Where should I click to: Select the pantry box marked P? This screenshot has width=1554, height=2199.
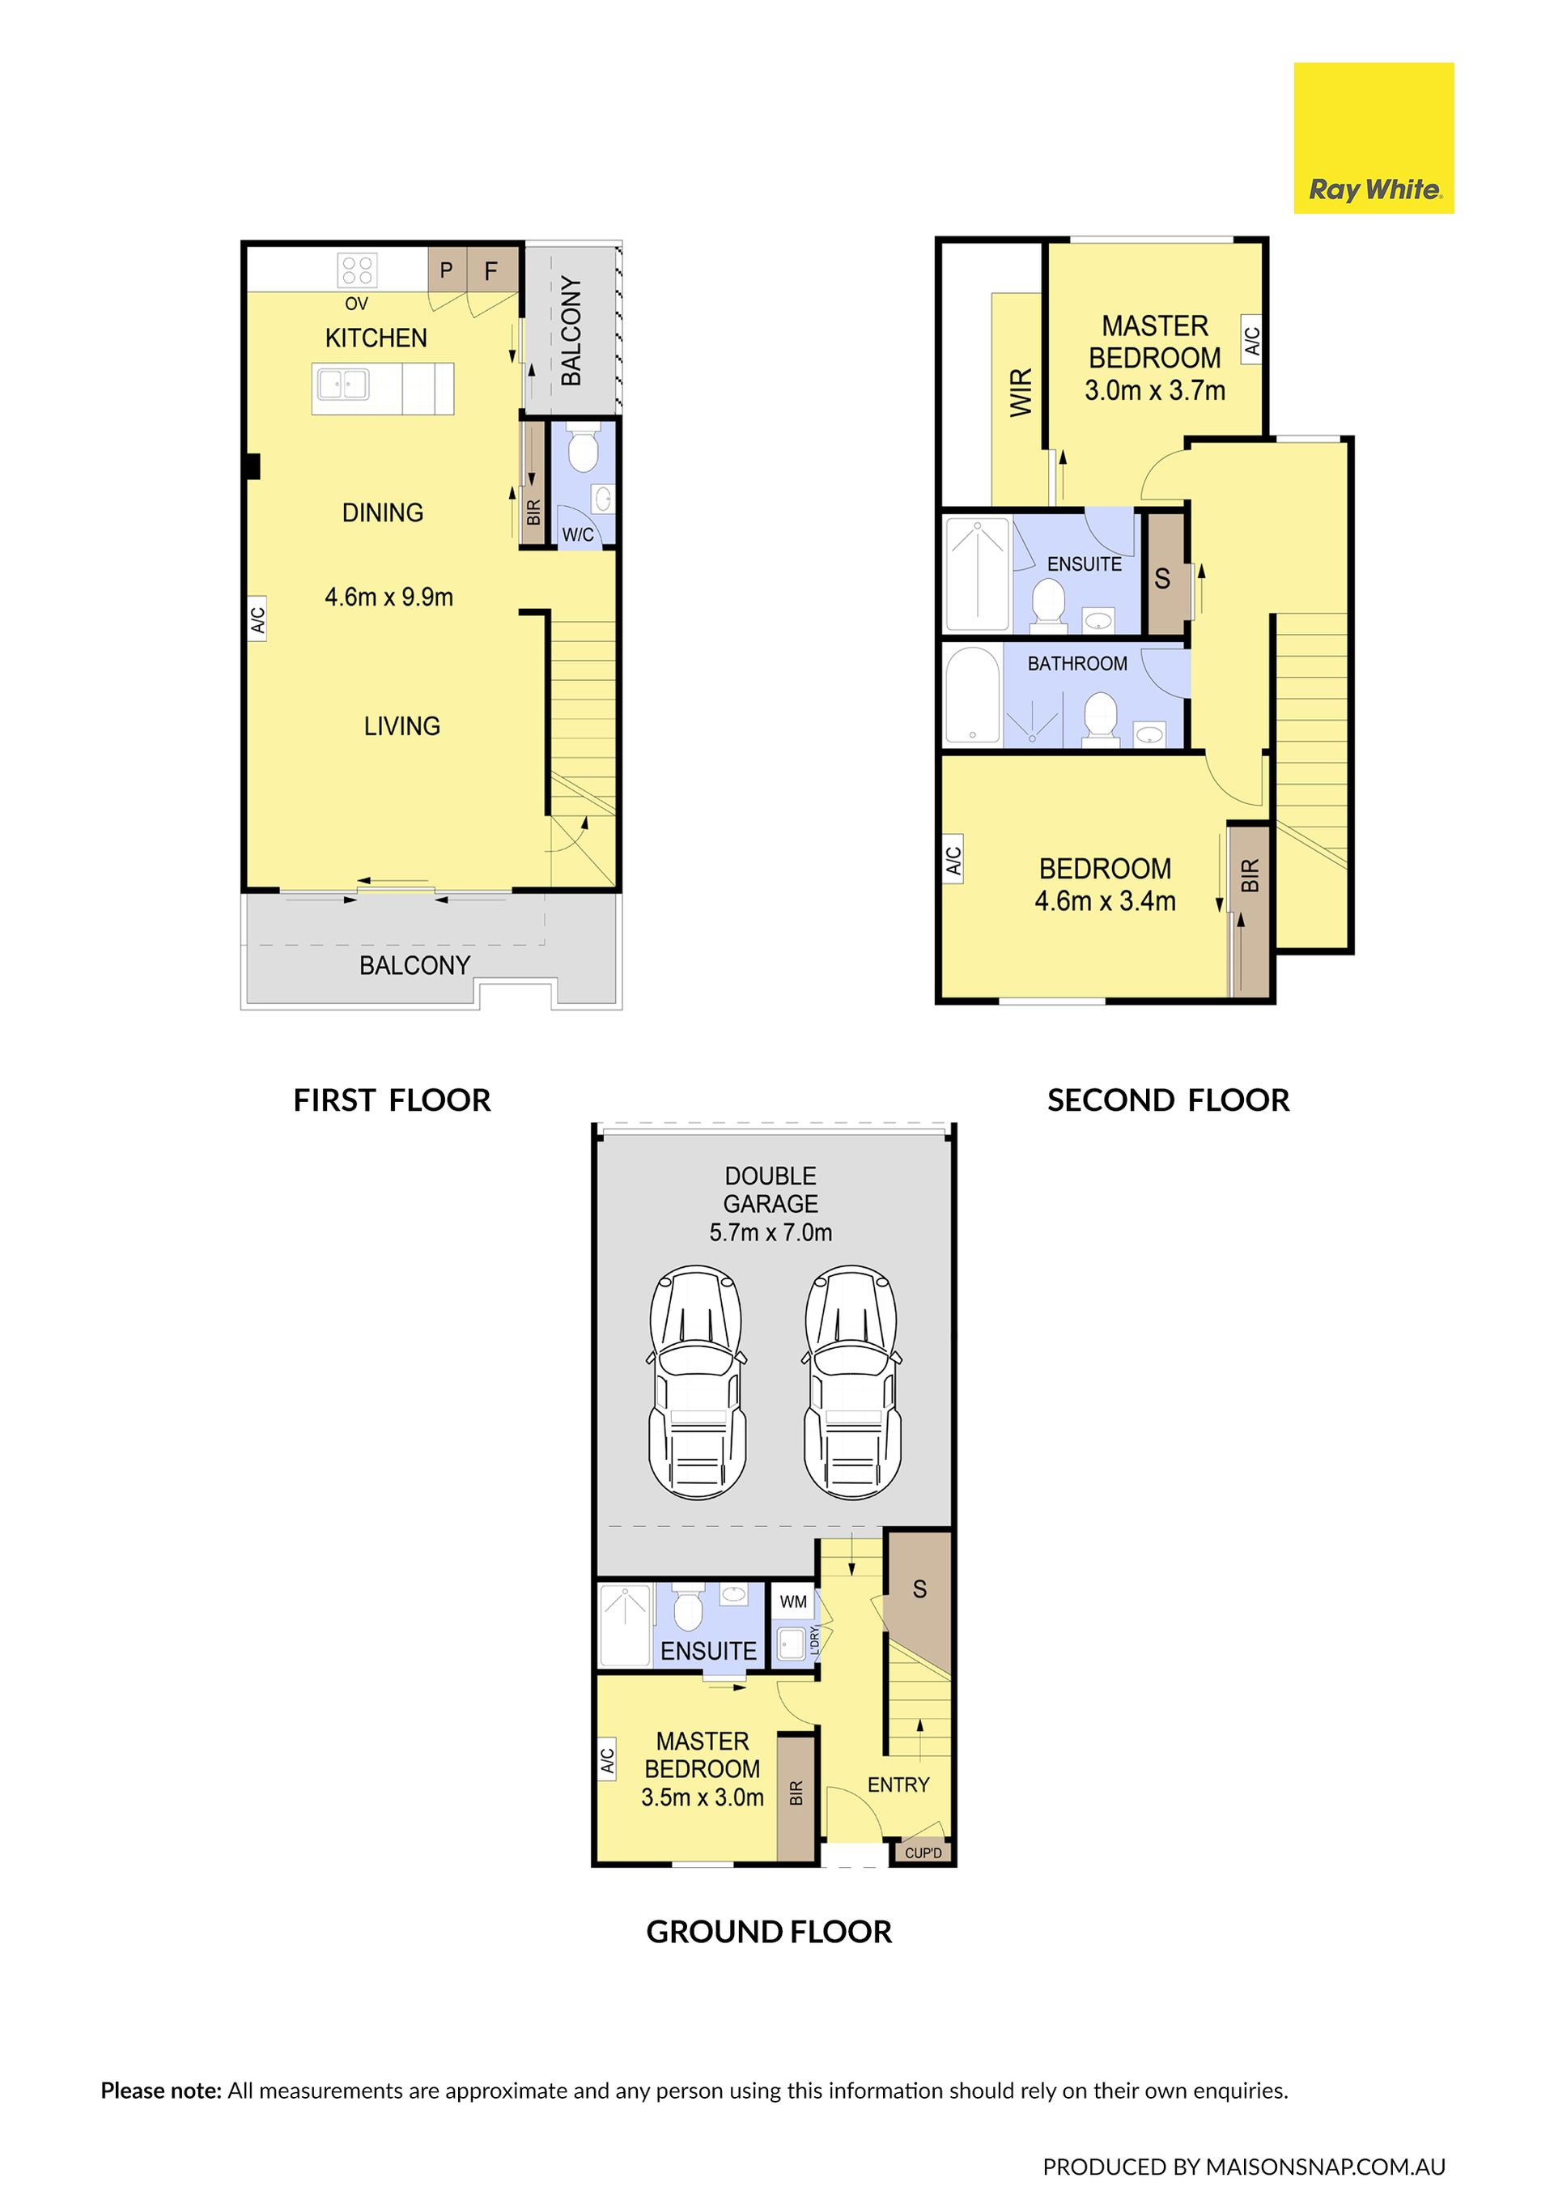pos(447,270)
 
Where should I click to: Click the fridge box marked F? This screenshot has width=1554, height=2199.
pos(492,270)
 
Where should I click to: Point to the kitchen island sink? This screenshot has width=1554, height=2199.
pos(342,384)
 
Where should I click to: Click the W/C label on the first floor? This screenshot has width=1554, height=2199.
pos(577,534)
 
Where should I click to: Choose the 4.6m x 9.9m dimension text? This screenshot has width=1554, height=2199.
pos(388,597)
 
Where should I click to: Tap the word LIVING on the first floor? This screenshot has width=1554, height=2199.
pos(402,726)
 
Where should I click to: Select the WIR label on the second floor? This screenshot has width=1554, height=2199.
pos(1021,392)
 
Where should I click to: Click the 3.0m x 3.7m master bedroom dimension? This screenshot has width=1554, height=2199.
pos(1155,391)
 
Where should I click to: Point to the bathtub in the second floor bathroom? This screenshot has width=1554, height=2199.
pos(972,696)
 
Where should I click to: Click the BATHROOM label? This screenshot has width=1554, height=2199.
pos(1077,664)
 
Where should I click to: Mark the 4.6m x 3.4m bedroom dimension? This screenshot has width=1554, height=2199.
pos(1105,901)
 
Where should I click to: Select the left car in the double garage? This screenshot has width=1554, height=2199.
pos(697,1382)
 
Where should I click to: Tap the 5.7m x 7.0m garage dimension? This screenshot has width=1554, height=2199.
pos(771,1232)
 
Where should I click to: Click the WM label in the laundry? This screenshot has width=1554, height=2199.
pos(794,1601)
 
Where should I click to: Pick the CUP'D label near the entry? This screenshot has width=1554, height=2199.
pos(923,1853)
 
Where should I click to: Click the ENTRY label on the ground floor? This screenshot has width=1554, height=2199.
pos(898,1785)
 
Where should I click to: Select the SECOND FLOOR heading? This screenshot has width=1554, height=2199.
pos(1168,1100)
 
